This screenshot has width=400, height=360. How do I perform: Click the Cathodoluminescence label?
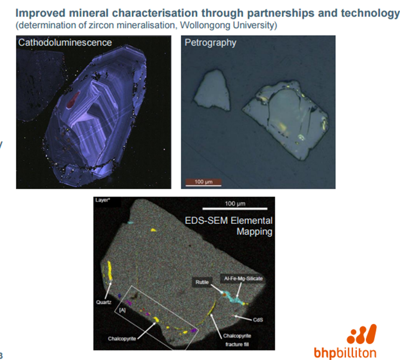coord(65,42)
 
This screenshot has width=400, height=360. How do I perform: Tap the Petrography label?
coord(211,43)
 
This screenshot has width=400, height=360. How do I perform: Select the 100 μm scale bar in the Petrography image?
coord(203,182)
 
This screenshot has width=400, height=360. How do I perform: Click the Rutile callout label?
coord(202,282)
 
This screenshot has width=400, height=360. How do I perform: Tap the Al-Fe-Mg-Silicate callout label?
coord(243,279)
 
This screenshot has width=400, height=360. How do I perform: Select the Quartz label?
coord(104,302)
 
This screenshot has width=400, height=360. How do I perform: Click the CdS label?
coord(258,320)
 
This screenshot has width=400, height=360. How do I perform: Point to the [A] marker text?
coord(122,310)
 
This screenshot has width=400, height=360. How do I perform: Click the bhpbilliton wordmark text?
coord(345,353)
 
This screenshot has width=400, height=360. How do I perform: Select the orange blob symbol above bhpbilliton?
coord(362,334)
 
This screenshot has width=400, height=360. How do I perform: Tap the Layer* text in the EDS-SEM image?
coord(103,200)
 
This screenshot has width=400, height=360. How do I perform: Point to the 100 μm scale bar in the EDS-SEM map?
coord(235,208)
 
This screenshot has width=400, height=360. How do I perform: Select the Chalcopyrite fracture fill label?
coord(237,340)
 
